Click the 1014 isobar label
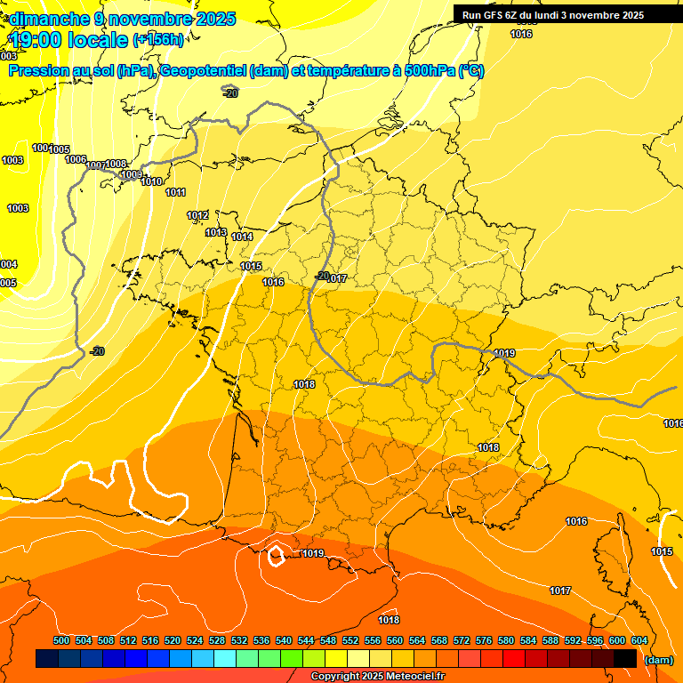coord(242,237)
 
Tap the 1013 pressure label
coord(216,233)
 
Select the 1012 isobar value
coord(197,216)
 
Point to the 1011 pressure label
coord(175,193)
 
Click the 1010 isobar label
coord(151,182)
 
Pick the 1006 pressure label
coord(76,159)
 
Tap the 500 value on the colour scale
coord(61,640)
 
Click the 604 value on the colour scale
coord(639,640)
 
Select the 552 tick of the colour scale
coord(350,640)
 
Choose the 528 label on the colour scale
coord(217,640)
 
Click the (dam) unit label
coord(658,659)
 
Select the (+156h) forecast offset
coord(158,40)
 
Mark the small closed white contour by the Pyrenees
coord(276,556)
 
